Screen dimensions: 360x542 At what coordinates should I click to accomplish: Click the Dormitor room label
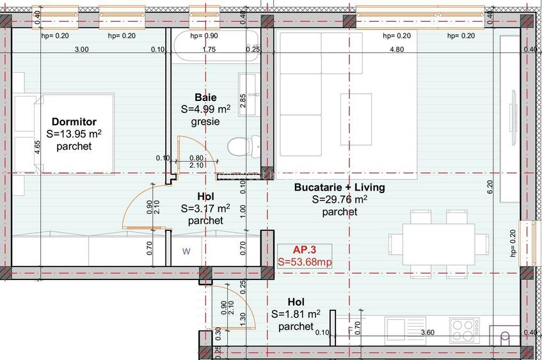pyautogui.click(x=74, y=121)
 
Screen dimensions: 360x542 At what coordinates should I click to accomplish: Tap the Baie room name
pyautogui.click(x=205, y=97)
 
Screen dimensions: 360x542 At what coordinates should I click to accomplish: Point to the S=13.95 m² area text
pyautogui.click(x=74, y=134)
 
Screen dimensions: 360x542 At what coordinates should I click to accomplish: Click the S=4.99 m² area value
pyautogui.click(x=205, y=109)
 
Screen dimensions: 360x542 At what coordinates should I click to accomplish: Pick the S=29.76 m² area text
pyautogui.click(x=339, y=199)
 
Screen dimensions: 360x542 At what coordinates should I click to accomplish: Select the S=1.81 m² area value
pyautogui.click(x=296, y=314)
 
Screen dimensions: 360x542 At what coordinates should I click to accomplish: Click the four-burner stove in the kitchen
pyautogui.click(x=465, y=330)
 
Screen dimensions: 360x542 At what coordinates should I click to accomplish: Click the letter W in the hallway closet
pyautogui.click(x=186, y=251)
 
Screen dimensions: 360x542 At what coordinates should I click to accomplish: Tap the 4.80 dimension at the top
pyautogui.click(x=397, y=49)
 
